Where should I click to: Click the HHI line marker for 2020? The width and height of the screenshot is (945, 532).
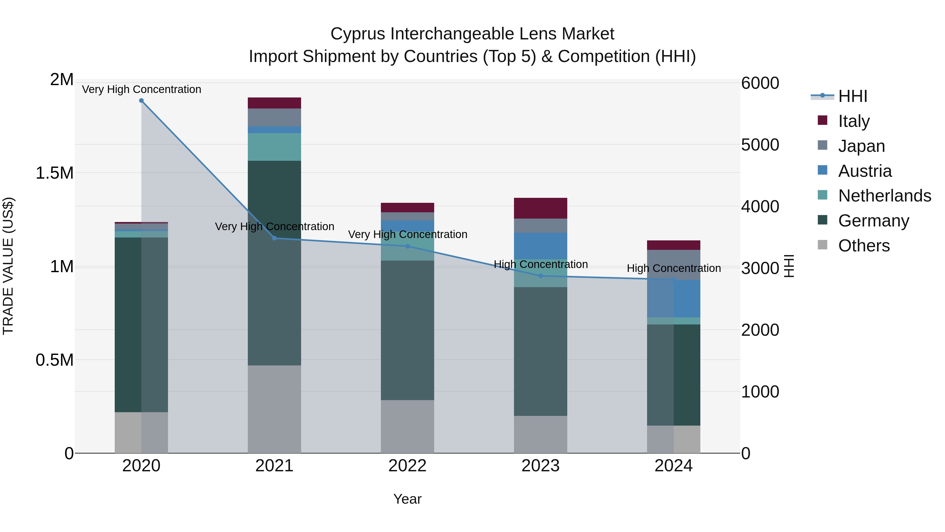141,101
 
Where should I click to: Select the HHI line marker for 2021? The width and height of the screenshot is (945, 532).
274,238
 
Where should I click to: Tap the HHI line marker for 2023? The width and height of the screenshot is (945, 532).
540,276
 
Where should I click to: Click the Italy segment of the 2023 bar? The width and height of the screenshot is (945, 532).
540,208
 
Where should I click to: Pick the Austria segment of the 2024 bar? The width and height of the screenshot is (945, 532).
674,298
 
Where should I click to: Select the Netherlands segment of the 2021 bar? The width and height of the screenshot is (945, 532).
274,147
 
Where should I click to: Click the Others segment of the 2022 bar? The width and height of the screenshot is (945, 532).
407,426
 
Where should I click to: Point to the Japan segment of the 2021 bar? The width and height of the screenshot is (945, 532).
274,117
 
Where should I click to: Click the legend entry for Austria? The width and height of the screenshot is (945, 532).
864,171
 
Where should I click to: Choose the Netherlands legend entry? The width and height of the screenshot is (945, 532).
884,196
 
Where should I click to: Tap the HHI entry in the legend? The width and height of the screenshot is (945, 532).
852,96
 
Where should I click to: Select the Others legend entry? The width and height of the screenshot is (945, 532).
864,246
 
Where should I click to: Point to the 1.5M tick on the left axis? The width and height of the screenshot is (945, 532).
55,173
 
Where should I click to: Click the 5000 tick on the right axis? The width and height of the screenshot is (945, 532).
760,145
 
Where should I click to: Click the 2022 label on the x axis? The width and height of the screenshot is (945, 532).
407,466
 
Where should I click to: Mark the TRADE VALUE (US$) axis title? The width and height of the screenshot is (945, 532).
8,266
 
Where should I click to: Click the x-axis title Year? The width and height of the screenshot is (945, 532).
407,499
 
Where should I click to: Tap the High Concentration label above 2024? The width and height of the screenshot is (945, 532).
674,268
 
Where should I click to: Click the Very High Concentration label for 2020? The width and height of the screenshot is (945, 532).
141,89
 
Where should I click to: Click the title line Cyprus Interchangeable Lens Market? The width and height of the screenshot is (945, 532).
472,34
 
